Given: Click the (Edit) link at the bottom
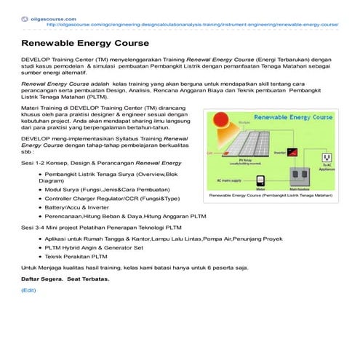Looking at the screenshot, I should (28, 290).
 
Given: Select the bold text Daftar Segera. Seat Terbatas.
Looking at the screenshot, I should (65, 279).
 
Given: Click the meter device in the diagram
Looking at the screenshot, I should (261, 179).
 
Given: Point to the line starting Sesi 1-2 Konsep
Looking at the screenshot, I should (101, 164).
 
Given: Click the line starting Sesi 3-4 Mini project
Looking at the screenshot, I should (101, 227).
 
